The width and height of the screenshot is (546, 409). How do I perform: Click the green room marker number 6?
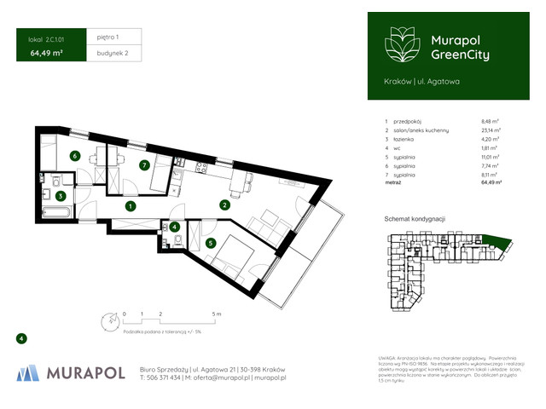[75, 156]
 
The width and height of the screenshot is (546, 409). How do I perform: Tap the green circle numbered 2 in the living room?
[224, 204]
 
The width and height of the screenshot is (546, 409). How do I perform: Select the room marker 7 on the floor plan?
[145, 164]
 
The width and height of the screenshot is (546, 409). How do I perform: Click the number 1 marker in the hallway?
[129, 206]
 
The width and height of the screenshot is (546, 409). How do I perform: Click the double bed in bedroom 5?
[229, 253]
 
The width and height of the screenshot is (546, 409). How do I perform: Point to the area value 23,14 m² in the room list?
[490, 132]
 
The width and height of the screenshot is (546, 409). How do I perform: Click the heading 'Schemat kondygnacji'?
[417, 220]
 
